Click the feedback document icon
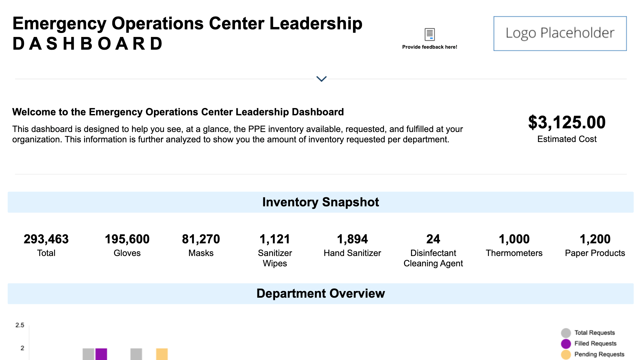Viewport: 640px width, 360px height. (430, 34)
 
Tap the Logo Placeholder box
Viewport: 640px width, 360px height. (560, 33)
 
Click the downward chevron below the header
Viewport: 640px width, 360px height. (321, 79)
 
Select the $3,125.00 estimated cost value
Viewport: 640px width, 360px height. (567, 122)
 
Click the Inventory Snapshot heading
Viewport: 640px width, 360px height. (320, 202)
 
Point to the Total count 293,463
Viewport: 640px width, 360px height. (46, 239)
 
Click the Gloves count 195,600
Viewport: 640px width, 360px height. (127, 239)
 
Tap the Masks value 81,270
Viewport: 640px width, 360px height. (201, 239)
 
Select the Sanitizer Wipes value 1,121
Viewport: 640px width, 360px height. (275, 239)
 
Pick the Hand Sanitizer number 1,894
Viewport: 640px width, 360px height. (352, 239)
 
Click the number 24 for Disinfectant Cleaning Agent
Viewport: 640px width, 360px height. (433, 239)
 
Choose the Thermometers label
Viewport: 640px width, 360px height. (514, 253)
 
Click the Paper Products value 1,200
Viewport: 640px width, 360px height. (595, 239)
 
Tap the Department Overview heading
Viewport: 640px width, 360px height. (320, 293)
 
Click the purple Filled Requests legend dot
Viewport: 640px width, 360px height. (566, 344)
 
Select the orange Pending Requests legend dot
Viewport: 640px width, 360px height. (566, 354)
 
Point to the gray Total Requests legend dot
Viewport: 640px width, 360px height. (566, 333)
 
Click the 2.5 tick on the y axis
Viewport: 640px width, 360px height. (20, 325)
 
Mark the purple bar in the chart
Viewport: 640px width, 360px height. (101, 354)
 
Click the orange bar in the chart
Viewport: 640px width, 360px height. (162, 354)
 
